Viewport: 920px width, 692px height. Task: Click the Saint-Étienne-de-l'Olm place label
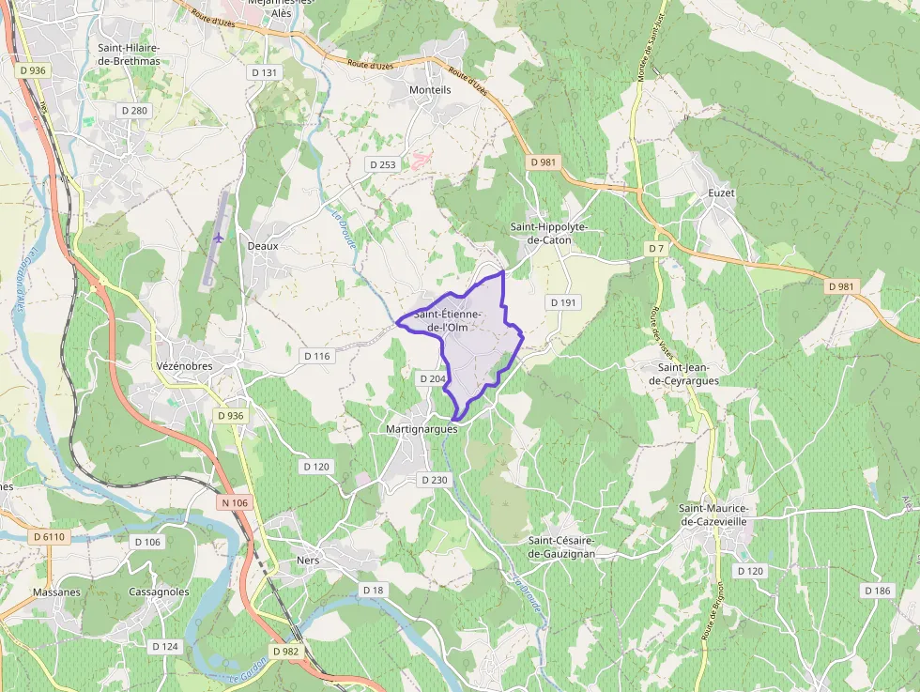point(449,320)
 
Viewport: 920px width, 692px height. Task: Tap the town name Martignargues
point(422,428)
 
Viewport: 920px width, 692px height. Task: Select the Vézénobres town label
point(184,366)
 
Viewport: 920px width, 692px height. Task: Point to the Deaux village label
point(263,246)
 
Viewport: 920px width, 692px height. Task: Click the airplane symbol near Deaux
point(218,237)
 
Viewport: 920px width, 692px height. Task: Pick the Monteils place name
point(430,90)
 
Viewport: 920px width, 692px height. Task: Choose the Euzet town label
point(721,193)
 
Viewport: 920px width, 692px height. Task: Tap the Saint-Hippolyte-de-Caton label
point(548,234)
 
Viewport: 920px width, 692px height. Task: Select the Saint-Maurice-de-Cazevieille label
point(726,515)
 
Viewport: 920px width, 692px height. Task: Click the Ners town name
point(307,561)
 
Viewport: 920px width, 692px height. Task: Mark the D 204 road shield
point(432,378)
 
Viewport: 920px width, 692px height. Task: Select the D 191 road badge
point(563,302)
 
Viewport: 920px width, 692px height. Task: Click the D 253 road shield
point(382,164)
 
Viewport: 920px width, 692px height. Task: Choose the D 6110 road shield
point(50,536)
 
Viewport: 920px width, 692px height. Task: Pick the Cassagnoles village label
point(159,592)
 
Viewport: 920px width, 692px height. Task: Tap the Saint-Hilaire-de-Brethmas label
point(129,54)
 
